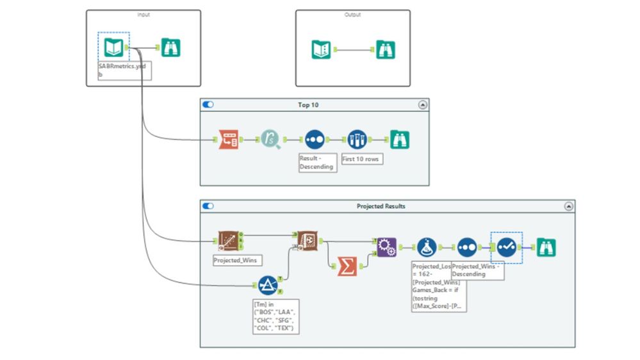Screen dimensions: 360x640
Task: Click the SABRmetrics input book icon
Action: coord(113,47)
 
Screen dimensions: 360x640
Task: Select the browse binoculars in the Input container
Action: coord(171,47)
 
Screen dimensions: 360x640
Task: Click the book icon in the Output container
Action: coord(322,49)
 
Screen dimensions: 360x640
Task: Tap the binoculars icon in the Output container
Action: coord(385,49)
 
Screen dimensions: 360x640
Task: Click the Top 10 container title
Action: coord(308,104)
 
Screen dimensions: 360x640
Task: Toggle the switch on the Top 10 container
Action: coord(208,104)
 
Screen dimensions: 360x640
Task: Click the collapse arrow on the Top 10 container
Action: coord(422,104)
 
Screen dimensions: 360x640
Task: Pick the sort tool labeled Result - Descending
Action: coord(315,139)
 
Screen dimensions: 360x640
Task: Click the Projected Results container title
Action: coord(381,206)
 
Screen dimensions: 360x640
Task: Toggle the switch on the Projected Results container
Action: coord(208,206)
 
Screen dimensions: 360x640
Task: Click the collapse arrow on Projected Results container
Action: coord(568,206)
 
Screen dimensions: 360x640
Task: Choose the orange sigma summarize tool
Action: coord(347,266)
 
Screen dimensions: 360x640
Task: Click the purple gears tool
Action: coord(386,247)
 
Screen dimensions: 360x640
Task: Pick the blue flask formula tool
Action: coord(427,247)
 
